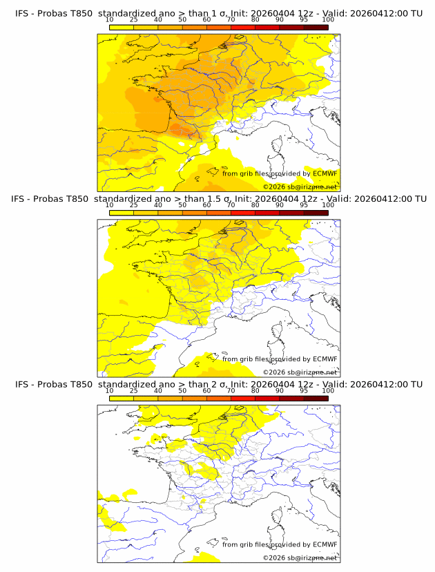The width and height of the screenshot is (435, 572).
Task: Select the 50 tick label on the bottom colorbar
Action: coord(182,392)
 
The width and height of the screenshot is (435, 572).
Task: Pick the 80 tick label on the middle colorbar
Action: coord(255,205)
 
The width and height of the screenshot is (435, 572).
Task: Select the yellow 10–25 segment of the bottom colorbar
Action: coord(122,399)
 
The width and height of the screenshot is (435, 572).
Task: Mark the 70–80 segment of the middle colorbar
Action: coord(243,213)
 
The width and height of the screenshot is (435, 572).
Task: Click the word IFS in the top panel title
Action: coord(23,12)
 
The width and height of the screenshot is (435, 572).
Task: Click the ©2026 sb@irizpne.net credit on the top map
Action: coord(300,187)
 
